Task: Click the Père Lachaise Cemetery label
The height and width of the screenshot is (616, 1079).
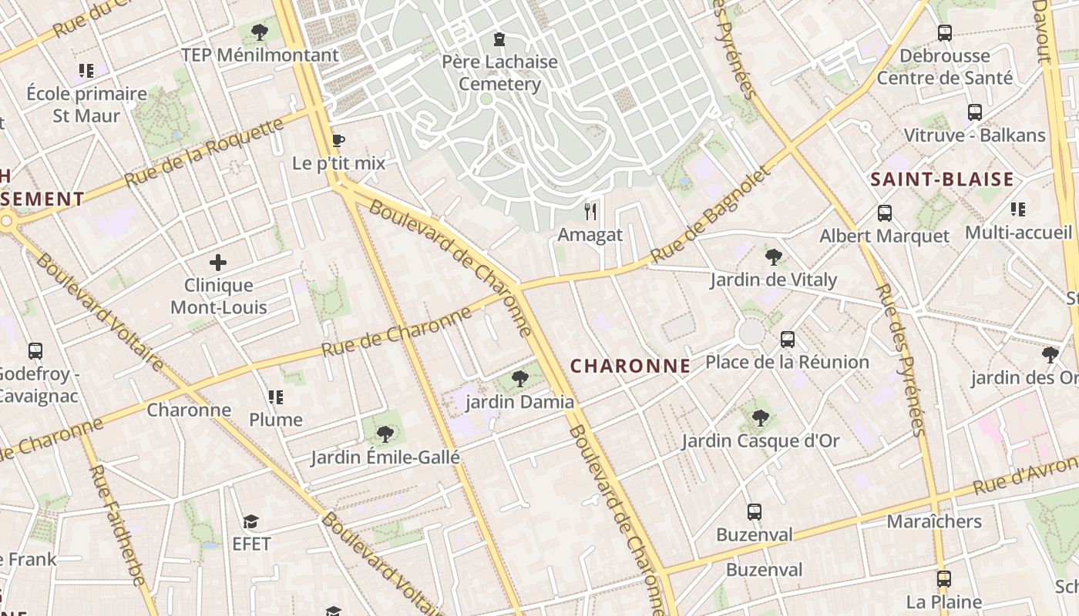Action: pyautogui.click(x=499, y=72)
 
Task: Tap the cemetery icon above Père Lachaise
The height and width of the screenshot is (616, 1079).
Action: pyautogui.click(x=499, y=38)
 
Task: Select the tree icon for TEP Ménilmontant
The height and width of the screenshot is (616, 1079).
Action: pyautogui.click(x=260, y=32)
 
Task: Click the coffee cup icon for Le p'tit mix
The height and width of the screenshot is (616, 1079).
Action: pyautogui.click(x=338, y=140)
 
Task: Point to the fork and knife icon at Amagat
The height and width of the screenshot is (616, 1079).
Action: pyautogui.click(x=590, y=211)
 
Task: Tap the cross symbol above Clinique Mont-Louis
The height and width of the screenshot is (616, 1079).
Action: pyautogui.click(x=218, y=263)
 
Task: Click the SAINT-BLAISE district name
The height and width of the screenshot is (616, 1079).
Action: pyautogui.click(x=942, y=180)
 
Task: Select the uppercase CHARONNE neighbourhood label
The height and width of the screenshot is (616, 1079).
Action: pyautogui.click(x=630, y=367)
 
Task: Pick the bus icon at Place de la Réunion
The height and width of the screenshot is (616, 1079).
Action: pyautogui.click(x=787, y=339)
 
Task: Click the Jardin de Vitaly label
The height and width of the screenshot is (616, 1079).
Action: pyautogui.click(x=773, y=280)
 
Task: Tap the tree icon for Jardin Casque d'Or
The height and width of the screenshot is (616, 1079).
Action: pyautogui.click(x=760, y=418)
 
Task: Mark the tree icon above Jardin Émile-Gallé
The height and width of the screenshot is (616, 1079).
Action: pyautogui.click(x=385, y=434)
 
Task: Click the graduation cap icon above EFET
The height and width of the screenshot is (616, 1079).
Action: pyautogui.click(x=250, y=521)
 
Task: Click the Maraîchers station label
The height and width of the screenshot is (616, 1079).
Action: pyautogui.click(x=934, y=521)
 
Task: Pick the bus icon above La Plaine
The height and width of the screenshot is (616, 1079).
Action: pyautogui.click(x=944, y=578)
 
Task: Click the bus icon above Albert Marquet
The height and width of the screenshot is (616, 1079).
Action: pyautogui.click(x=884, y=213)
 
